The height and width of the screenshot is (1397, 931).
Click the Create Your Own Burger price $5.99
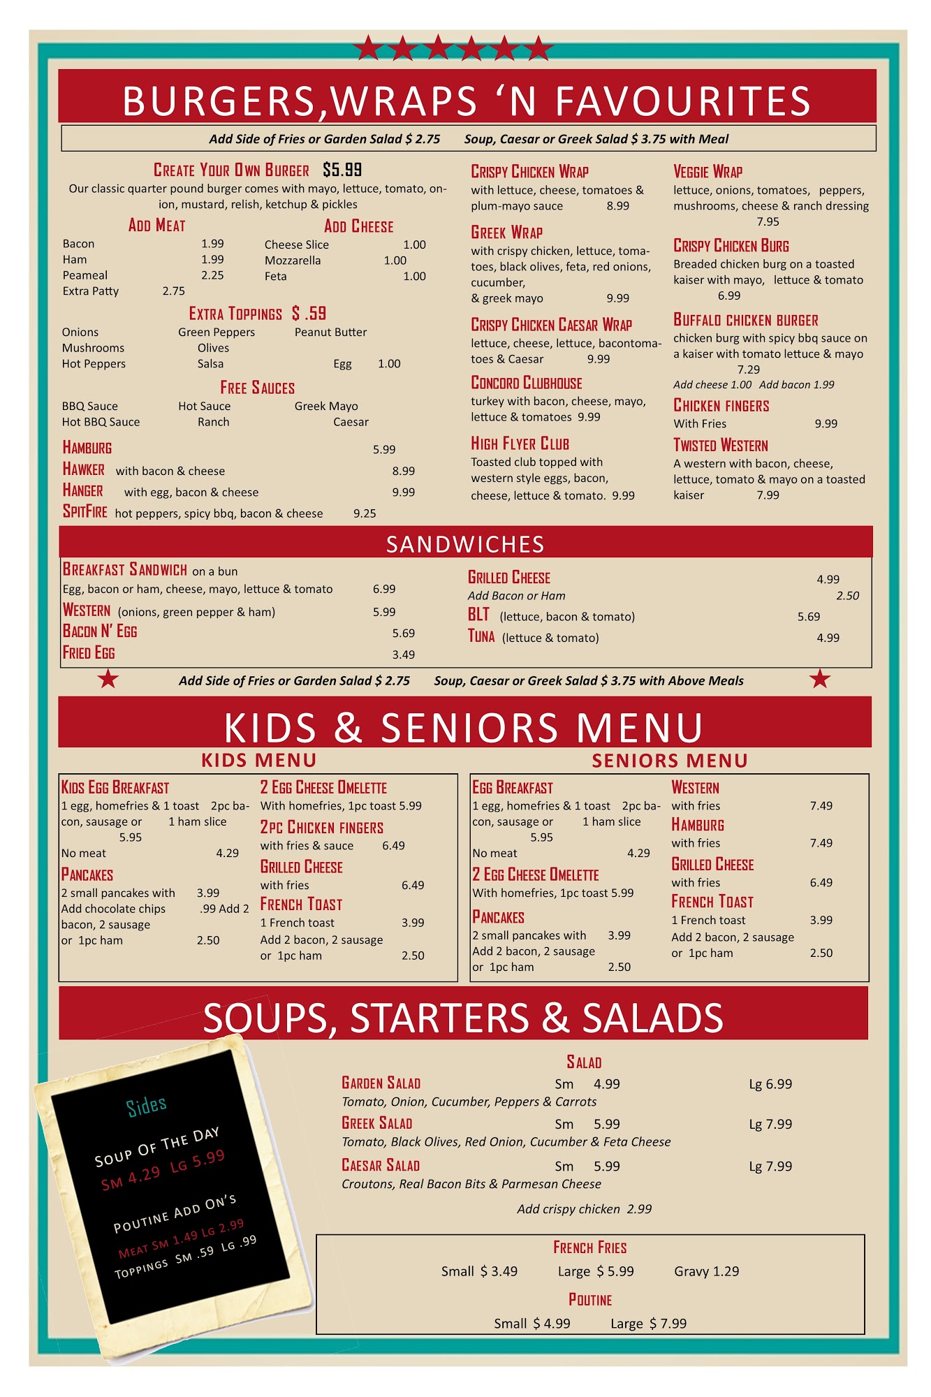point(342,170)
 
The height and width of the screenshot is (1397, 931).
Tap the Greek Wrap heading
point(506,233)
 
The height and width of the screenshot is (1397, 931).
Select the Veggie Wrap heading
point(708,172)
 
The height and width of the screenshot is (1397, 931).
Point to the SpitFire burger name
point(85,512)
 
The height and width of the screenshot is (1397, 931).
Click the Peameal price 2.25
point(212,275)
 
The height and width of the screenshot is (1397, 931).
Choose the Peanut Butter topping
point(330,332)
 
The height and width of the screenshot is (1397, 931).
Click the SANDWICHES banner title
point(465,544)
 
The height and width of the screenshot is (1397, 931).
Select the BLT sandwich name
point(478,615)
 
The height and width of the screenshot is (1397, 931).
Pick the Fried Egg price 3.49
point(403,654)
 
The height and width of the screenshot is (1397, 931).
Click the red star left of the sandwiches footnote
point(108,678)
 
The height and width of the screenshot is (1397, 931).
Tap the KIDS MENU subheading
point(258,760)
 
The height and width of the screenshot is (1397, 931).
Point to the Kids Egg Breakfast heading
point(115,788)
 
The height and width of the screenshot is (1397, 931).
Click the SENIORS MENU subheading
point(669,761)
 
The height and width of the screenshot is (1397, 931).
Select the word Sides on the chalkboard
point(147,1106)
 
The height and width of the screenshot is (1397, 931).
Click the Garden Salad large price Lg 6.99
point(770,1084)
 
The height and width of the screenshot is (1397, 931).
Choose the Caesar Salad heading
point(381,1165)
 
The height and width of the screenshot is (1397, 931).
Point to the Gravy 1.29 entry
point(706,1271)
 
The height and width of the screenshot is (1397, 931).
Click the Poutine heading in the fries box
point(590,1300)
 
